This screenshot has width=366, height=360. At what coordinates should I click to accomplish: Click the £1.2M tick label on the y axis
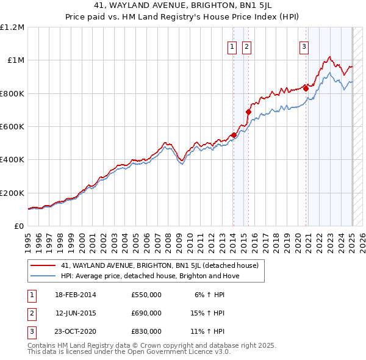point(13,27)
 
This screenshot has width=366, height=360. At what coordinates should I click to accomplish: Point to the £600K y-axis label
point(12,127)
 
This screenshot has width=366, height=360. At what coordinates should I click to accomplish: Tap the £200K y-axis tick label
point(12,193)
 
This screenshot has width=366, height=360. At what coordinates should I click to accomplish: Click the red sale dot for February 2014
point(234,135)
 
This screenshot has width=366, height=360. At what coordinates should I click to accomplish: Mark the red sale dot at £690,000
point(248,112)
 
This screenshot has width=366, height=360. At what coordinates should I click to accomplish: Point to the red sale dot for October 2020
point(306,88)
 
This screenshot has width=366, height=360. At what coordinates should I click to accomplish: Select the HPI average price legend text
point(150,276)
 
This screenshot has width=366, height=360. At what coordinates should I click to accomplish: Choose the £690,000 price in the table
point(146,313)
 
